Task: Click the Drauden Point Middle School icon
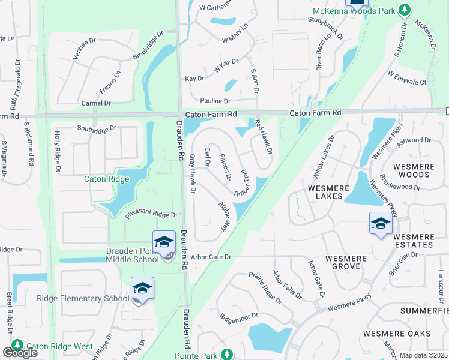164,242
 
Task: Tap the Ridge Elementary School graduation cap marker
142,289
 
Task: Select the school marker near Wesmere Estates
381,224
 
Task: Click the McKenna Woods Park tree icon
405,10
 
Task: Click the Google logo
20,353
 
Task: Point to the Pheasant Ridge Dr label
152,214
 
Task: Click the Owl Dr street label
208,155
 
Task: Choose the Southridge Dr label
97,128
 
